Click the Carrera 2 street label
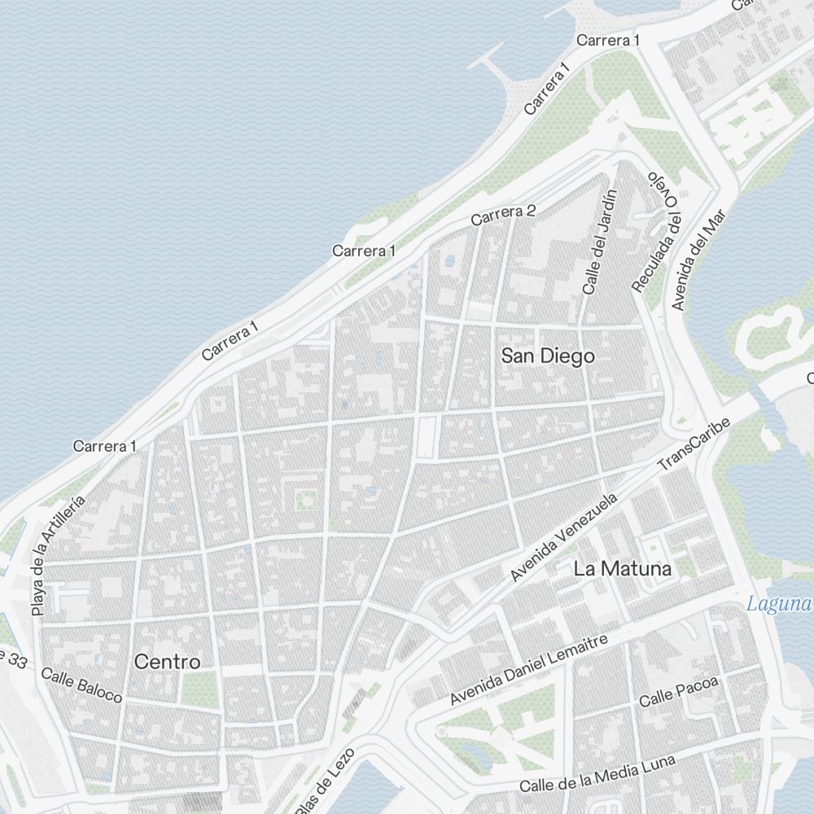(x=503, y=215)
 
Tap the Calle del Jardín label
(x=601, y=242)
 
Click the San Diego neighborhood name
(x=547, y=357)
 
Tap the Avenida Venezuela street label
(x=564, y=536)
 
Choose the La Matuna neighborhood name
(x=623, y=569)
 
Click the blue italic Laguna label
(x=780, y=604)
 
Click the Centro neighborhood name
(x=167, y=662)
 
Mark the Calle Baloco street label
(x=81, y=685)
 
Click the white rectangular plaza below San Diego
(x=425, y=436)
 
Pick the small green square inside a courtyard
(x=305, y=498)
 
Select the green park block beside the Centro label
(x=199, y=689)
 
